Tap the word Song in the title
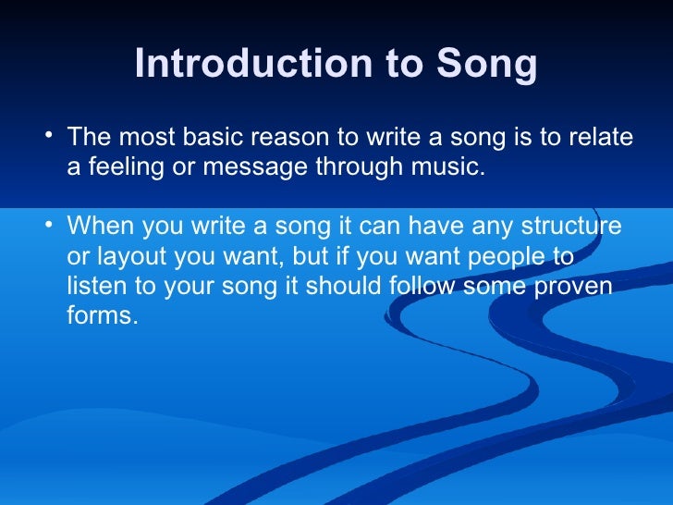pyautogui.click(x=488, y=65)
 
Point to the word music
pyautogui.click(x=450, y=168)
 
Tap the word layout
pyautogui.click(x=130, y=256)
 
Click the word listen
pyautogui.click(x=95, y=286)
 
